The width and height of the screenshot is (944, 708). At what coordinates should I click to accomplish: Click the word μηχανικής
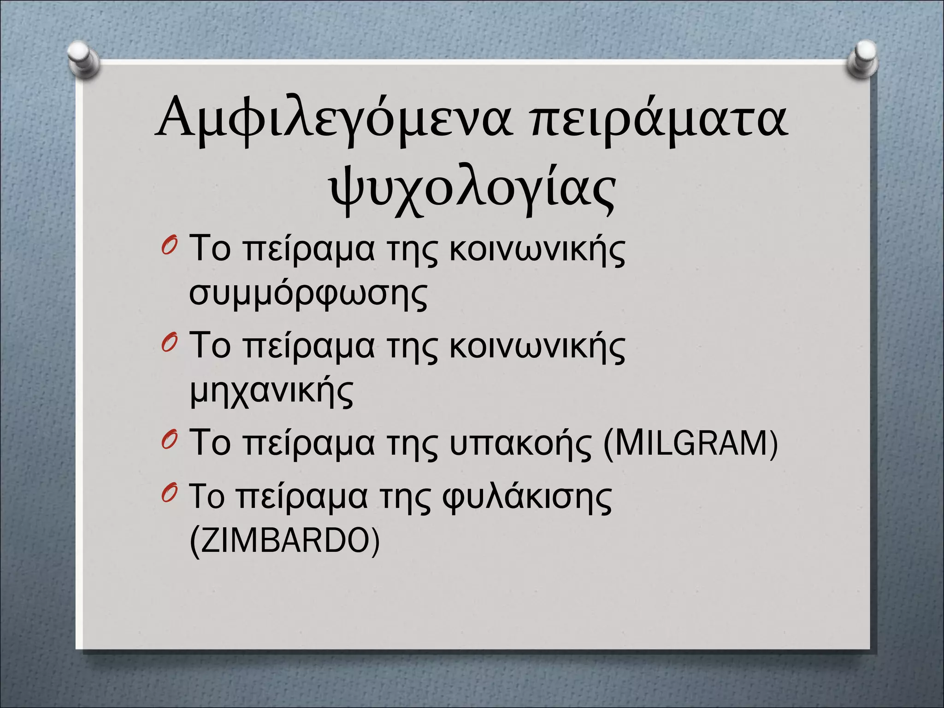pos(271,392)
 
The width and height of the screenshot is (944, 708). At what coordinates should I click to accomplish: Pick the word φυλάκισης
pos(527,498)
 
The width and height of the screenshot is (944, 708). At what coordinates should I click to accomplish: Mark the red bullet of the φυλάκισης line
pos(169,494)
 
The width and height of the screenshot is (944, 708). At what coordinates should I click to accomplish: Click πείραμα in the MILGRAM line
pos(309,443)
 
